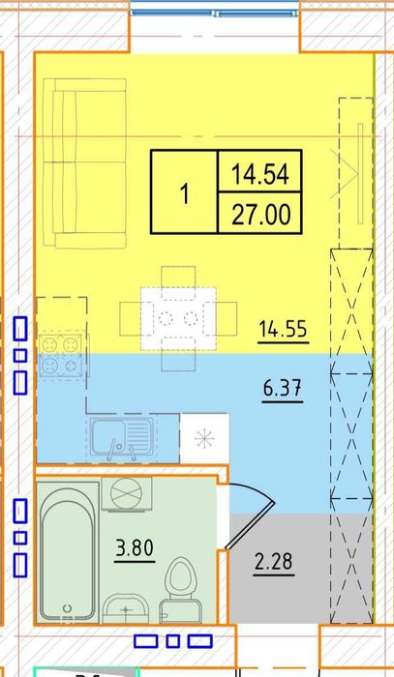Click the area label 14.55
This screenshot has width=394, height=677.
(284, 330)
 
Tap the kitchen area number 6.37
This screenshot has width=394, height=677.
(283, 389)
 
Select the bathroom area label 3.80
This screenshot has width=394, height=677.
(135, 548)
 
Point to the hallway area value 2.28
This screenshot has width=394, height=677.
(274, 562)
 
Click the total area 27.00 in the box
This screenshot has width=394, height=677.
(260, 215)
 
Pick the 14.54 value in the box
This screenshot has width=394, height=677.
(260, 174)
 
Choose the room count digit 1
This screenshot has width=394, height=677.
(185, 193)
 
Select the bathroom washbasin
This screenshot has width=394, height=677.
(126, 608)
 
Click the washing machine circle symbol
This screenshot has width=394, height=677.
(127, 493)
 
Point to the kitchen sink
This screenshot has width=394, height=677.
(122, 437)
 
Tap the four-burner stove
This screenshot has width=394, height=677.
(60, 356)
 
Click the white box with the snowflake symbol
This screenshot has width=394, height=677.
(204, 439)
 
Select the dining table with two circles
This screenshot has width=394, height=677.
(178, 318)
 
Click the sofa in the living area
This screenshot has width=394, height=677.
(85, 162)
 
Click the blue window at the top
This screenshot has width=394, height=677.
(214, 13)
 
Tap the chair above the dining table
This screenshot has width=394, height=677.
(178, 278)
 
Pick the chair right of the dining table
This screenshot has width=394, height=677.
(226, 318)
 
